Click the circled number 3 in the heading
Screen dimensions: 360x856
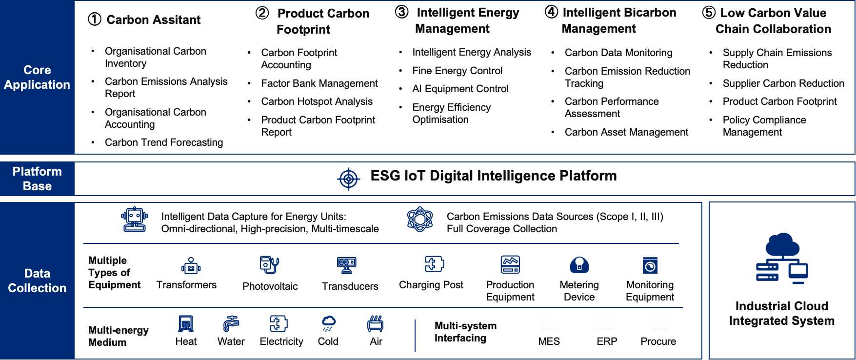coord(401,12)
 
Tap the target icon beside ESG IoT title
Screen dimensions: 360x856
coord(348,179)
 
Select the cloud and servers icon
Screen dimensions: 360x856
coord(781,258)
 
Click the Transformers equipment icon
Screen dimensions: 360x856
coord(191,266)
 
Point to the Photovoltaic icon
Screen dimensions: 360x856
coord(269,265)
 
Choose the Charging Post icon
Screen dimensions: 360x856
coord(434,264)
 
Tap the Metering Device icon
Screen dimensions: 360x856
coord(579,265)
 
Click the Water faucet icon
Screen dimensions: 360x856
coord(231,323)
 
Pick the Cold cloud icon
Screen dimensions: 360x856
coord(328,323)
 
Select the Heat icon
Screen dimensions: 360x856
coord(186,323)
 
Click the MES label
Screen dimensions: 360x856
coord(549,341)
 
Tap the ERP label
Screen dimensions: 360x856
coord(607,341)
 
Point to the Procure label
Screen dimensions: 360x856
coord(658,341)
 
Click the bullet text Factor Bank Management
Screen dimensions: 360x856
coord(319,83)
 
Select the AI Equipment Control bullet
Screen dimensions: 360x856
coord(460,89)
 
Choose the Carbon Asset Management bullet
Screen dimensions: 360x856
coord(626,132)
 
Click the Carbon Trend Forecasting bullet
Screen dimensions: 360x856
coord(164,142)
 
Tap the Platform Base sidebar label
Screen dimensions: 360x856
coord(37,179)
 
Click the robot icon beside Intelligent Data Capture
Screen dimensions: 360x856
coord(134,220)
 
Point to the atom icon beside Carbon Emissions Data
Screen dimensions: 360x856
coord(419,220)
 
